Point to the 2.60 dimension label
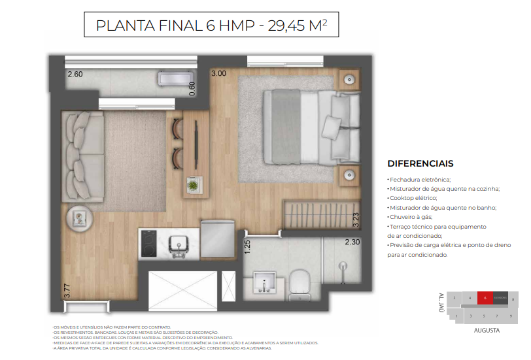click(75, 74)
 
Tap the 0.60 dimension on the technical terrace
click(191, 89)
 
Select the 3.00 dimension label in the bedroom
click(218, 74)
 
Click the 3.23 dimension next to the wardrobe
click(356, 218)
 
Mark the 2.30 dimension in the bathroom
click(353, 242)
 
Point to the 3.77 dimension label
click(67, 289)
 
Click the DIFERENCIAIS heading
click(420, 163)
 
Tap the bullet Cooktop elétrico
click(413, 198)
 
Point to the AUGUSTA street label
click(487, 331)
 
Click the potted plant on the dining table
click(194, 183)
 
